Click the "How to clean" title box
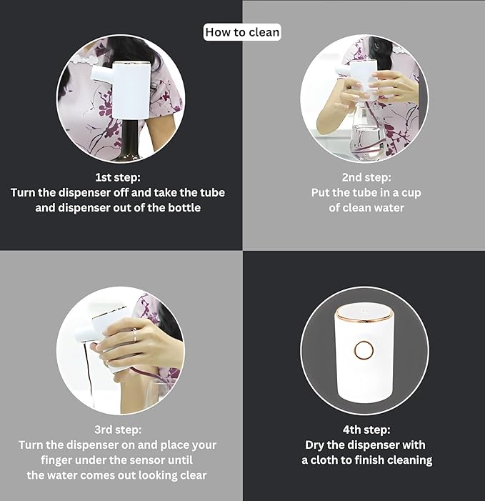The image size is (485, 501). click(242, 32)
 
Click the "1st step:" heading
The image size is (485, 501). click(118, 177)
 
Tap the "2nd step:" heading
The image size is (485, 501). click(366, 177)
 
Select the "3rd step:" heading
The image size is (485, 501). click(118, 430)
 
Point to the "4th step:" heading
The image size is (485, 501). click(366, 430)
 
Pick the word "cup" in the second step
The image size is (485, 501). click(411, 193)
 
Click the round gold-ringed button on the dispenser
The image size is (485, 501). click(364, 350)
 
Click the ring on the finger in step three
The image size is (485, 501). click(134, 335)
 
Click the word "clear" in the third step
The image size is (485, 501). click(193, 475)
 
